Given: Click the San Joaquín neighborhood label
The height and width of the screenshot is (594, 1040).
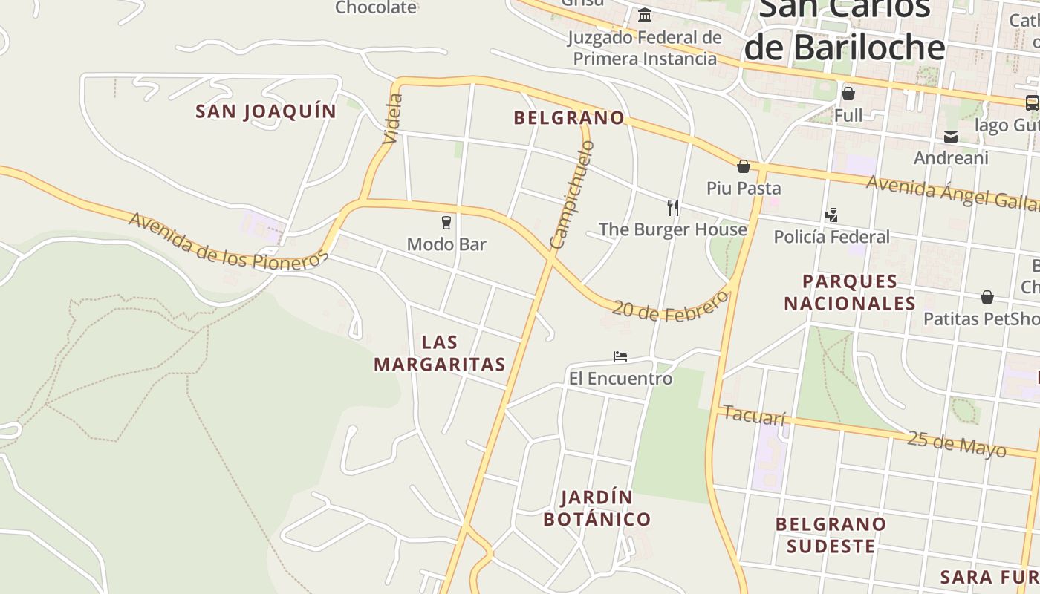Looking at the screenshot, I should pyautogui.click(x=266, y=111).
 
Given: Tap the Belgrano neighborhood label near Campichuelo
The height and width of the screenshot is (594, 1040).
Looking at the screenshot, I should pyautogui.click(x=569, y=117).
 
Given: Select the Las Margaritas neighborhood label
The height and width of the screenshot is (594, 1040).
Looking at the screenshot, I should pyautogui.click(x=440, y=353).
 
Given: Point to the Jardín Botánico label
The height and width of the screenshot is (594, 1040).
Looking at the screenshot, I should pyautogui.click(x=597, y=508).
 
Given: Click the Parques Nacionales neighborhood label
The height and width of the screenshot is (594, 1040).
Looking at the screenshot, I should pyautogui.click(x=850, y=292).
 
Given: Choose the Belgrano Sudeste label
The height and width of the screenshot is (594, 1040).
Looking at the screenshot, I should pyautogui.click(x=831, y=535).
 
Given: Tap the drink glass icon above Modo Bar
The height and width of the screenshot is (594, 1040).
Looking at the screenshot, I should pyautogui.click(x=446, y=223).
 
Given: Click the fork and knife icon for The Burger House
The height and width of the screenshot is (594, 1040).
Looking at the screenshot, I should pyautogui.click(x=673, y=208).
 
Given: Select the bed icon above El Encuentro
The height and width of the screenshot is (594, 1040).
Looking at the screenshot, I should pyautogui.click(x=620, y=356).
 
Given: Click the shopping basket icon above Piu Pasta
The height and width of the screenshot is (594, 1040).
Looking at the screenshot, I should pyautogui.click(x=743, y=166).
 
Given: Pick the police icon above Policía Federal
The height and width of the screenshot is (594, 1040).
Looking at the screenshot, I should pyautogui.click(x=831, y=215).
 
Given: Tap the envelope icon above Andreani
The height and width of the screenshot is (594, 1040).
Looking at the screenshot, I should pyautogui.click(x=951, y=137).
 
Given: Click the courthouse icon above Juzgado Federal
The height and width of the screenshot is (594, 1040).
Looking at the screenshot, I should pyautogui.click(x=645, y=15).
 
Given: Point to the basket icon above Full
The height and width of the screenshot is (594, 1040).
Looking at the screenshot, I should pyautogui.click(x=848, y=94).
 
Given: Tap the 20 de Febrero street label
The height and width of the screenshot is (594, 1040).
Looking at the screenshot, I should pyautogui.click(x=671, y=308).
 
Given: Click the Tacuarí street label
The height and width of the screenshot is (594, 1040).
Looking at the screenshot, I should pyautogui.click(x=753, y=416).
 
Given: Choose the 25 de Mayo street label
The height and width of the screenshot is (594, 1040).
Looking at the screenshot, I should pyautogui.click(x=956, y=443).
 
